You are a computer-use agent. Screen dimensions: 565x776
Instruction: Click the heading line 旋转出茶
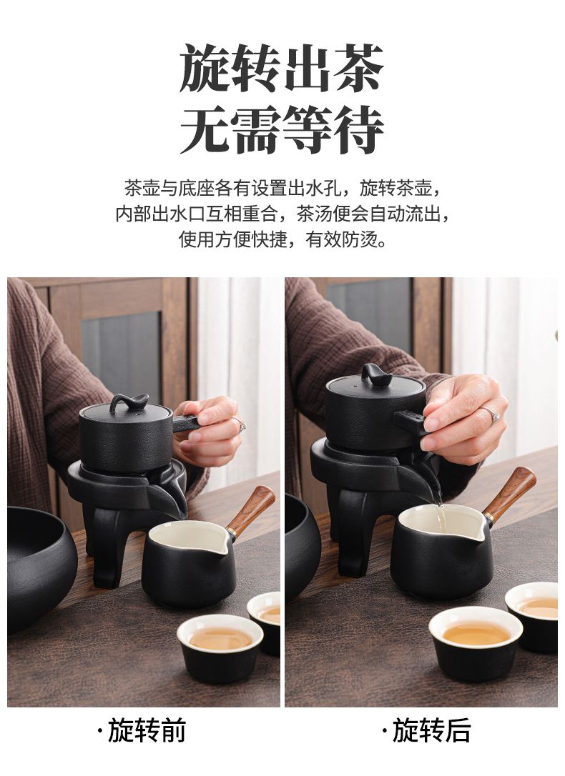pyautogui.click(x=282, y=68)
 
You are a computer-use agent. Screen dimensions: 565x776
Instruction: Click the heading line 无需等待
pyautogui.click(x=282, y=129)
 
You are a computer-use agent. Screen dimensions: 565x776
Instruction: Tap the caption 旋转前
pyautogui.click(x=142, y=730)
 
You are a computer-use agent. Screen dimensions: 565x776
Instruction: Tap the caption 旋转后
pyautogui.click(x=426, y=730)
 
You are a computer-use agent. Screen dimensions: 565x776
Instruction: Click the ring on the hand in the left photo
pyautogui.click(x=239, y=423)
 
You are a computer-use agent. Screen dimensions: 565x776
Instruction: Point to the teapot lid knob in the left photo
pyautogui.click(x=129, y=402)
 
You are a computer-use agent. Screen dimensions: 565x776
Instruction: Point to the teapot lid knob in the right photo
pyautogui.click(x=376, y=374)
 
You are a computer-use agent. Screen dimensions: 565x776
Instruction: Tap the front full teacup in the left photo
pyautogui.click(x=220, y=647)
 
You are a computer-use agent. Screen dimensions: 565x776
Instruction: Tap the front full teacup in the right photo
pyautogui.click(x=476, y=642)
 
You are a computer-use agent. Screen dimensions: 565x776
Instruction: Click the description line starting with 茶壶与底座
pyautogui.click(x=282, y=188)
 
